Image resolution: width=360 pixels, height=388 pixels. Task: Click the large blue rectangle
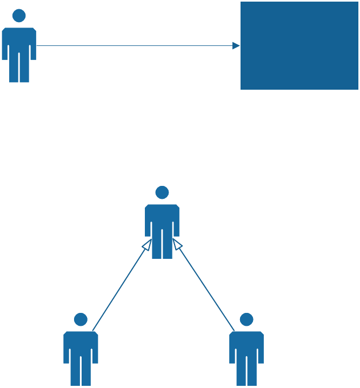299,45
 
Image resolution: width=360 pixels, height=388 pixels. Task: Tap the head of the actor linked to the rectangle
19,16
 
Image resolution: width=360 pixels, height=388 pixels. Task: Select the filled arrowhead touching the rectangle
236,46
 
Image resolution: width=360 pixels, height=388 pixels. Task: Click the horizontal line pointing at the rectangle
135,46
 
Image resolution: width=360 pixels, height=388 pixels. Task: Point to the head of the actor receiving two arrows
162,192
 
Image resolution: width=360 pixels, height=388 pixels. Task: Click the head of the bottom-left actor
81,319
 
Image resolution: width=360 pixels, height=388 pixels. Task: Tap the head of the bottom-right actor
246,319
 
